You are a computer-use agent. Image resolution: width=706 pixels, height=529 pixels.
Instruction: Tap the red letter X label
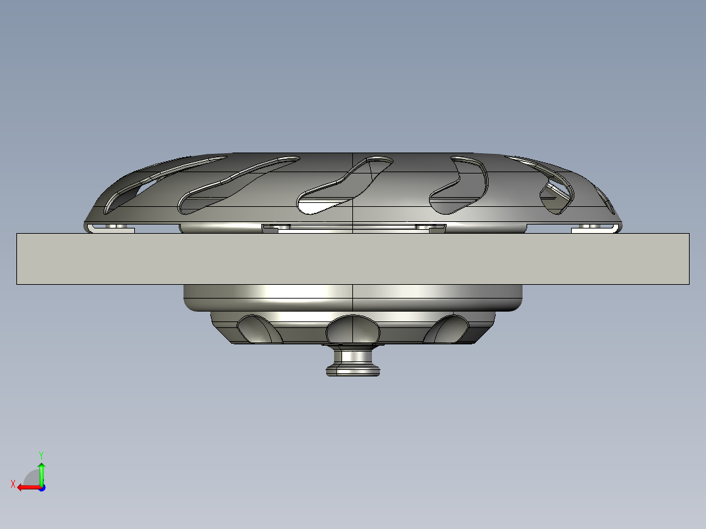[13, 484]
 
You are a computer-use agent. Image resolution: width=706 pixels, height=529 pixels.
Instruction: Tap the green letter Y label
[41, 454]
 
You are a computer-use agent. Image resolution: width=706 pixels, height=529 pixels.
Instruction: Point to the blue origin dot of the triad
[41, 487]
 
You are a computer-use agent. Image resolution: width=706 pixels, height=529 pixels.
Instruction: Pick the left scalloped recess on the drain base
[259, 329]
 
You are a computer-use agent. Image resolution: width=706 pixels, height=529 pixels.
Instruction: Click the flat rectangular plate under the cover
[352, 259]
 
